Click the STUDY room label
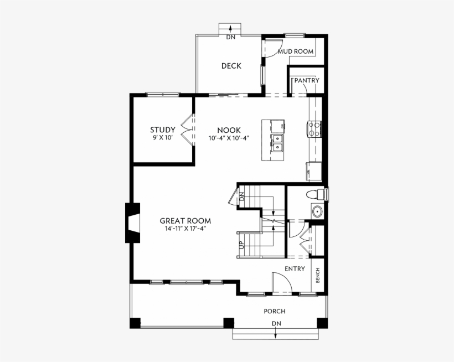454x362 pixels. point(162,130)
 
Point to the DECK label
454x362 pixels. point(231,66)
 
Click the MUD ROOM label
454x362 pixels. point(296,51)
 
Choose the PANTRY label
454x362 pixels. point(306,80)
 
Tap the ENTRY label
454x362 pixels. point(295,268)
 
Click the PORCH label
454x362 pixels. point(274,311)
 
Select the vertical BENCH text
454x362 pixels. point(318,275)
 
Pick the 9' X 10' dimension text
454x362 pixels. point(162,138)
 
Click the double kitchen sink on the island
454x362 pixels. point(277,143)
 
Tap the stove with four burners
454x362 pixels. point(314,129)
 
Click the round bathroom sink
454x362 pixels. point(317,211)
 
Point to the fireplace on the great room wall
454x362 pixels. point(133,223)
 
